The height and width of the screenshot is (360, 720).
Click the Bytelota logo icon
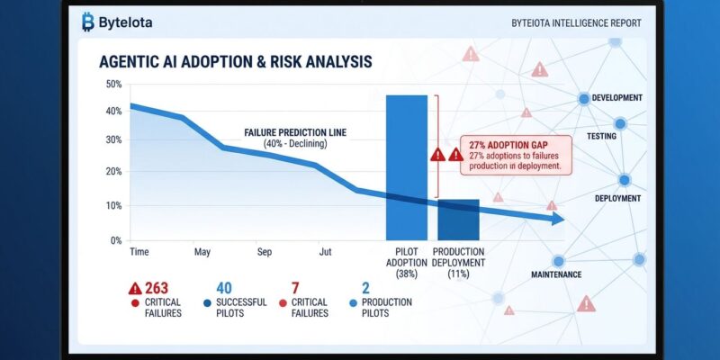tap(87, 22)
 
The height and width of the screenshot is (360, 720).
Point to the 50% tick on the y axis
tap(113, 85)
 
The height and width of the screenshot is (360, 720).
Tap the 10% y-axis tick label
tap(113, 206)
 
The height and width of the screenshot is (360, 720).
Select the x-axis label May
tap(202, 252)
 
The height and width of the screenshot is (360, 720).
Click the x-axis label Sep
tap(264, 252)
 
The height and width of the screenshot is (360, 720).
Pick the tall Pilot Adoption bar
tap(406, 166)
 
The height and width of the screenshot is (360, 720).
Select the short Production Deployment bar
tap(458, 219)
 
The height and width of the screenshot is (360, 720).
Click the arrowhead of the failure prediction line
tap(558, 220)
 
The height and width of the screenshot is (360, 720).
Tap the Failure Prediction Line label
tap(295, 132)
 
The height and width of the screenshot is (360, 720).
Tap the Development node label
tap(617, 98)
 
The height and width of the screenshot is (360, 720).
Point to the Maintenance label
tap(556, 274)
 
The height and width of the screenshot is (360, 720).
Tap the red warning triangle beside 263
tap(135, 288)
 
